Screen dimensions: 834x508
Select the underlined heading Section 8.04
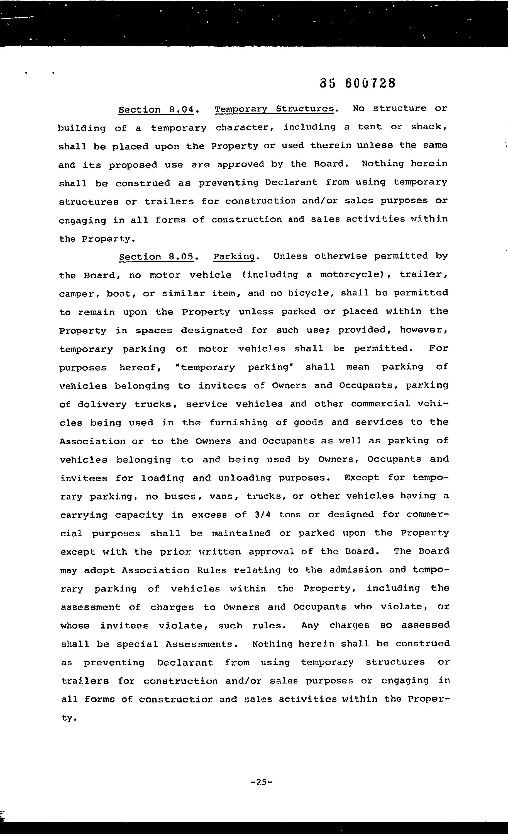(x=156, y=110)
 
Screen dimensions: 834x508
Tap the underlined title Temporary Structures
(x=274, y=109)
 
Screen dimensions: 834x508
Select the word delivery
(x=102, y=404)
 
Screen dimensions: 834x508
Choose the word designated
(x=211, y=330)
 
